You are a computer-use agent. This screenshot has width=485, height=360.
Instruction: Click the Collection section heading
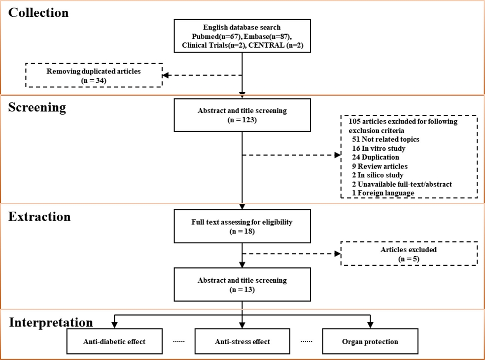click(38, 13)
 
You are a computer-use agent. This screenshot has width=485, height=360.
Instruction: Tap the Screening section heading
click(37, 107)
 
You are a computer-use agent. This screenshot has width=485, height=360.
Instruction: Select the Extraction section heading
click(39, 217)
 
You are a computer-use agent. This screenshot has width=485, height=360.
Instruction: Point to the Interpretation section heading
click(51, 322)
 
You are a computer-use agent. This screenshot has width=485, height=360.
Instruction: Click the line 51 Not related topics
click(385, 139)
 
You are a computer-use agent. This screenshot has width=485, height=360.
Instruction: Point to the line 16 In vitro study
click(379, 149)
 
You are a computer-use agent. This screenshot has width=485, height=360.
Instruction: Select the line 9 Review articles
click(380, 166)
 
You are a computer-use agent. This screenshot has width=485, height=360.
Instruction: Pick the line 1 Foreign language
click(383, 193)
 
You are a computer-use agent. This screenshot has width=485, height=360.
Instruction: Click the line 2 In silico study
click(378, 175)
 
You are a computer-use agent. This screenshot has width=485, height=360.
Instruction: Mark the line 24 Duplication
click(376, 157)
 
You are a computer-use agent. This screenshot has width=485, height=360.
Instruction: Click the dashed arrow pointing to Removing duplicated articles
click(202, 75)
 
